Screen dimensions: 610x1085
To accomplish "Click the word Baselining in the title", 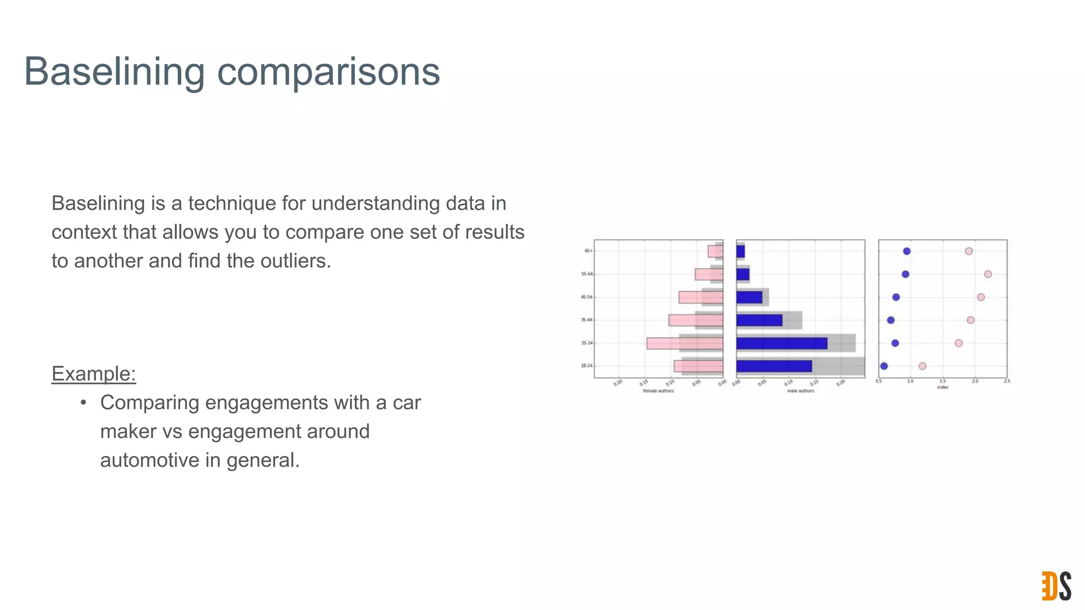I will [x=114, y=71].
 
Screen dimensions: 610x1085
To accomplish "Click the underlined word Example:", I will [x=94, y=374].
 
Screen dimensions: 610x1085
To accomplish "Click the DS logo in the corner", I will [x=1056, y=586].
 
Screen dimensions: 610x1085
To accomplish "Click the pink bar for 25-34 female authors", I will [x=684, y=343].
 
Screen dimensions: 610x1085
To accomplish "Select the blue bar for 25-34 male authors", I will [x=781, y=343].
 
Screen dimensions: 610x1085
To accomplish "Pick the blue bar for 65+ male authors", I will [x=741, y=252].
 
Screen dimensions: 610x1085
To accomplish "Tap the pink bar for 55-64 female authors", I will [x=708, y=274].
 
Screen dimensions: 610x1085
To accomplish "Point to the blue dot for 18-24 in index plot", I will [x=884, y=366].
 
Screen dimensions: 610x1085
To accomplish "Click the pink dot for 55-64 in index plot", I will [x=988, y=274].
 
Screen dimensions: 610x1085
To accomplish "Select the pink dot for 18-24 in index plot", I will [x=922, y=366].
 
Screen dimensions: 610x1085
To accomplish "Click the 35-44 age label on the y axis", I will [x=586, y=320].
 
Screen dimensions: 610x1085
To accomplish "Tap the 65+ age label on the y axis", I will [x=588, y=251].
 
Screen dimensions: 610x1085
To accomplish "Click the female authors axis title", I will [x=658, y=391].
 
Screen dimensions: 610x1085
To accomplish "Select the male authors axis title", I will [x=800, y=391].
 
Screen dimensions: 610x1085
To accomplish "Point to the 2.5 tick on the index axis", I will [x=1007, y=381].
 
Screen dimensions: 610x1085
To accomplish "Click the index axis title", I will [x=942, y=387].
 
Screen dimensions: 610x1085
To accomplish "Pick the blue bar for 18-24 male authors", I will [x=773, y=366].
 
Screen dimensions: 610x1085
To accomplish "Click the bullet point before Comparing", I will [x=83, y=403].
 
